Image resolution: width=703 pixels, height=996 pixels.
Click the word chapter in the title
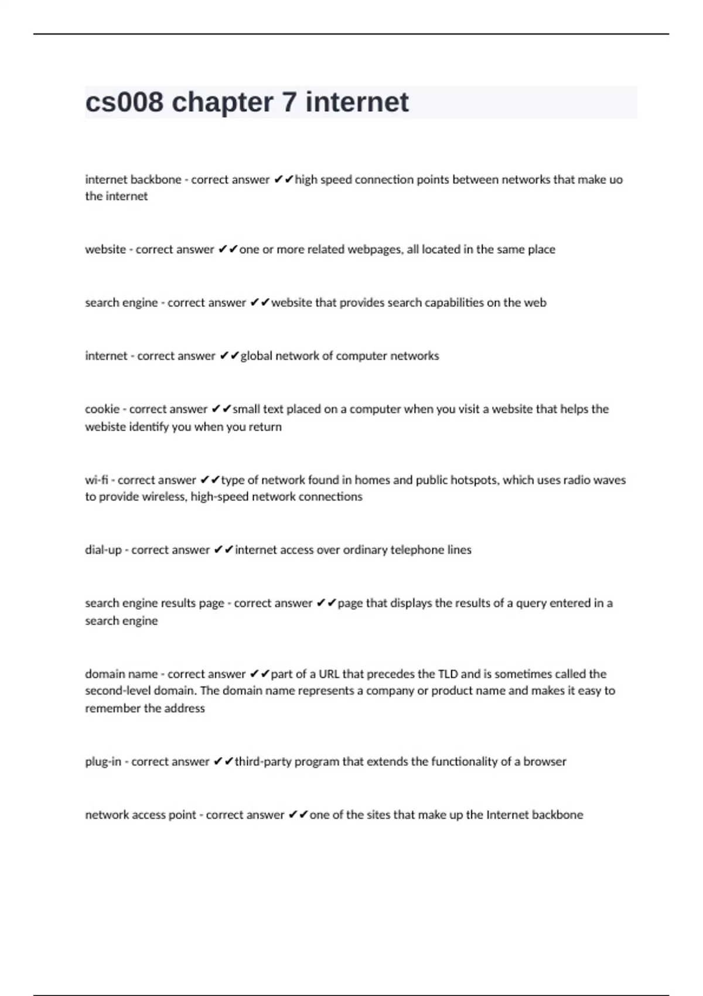222,103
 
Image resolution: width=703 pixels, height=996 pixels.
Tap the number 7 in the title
289,103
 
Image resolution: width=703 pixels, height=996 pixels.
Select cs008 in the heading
124,103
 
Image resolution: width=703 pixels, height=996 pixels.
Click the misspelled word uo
616,180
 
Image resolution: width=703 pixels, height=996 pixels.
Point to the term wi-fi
97,480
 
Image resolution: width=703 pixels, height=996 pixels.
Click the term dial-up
103,550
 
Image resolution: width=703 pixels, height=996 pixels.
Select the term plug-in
103,762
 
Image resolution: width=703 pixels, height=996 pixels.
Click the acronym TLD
448,674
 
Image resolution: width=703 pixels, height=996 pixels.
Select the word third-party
262,762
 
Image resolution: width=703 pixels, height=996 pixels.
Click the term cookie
102,409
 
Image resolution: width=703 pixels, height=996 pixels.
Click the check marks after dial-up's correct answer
224,550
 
